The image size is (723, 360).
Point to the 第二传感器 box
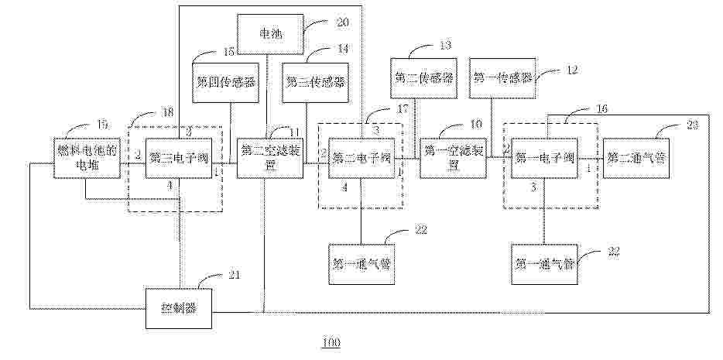pyautogui.click(x=424, y=78)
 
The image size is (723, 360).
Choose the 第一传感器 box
pyautogui.click(x=503, y=78)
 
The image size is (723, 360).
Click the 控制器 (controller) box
pyautogui.click(x=179, y=307)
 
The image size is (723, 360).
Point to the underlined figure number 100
pyautogui.click(x=331, y=342)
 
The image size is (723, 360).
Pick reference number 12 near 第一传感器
pyautogui.click(x=571, y=70)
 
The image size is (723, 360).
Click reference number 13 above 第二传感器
pyautogui.click(x=446, y=45)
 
